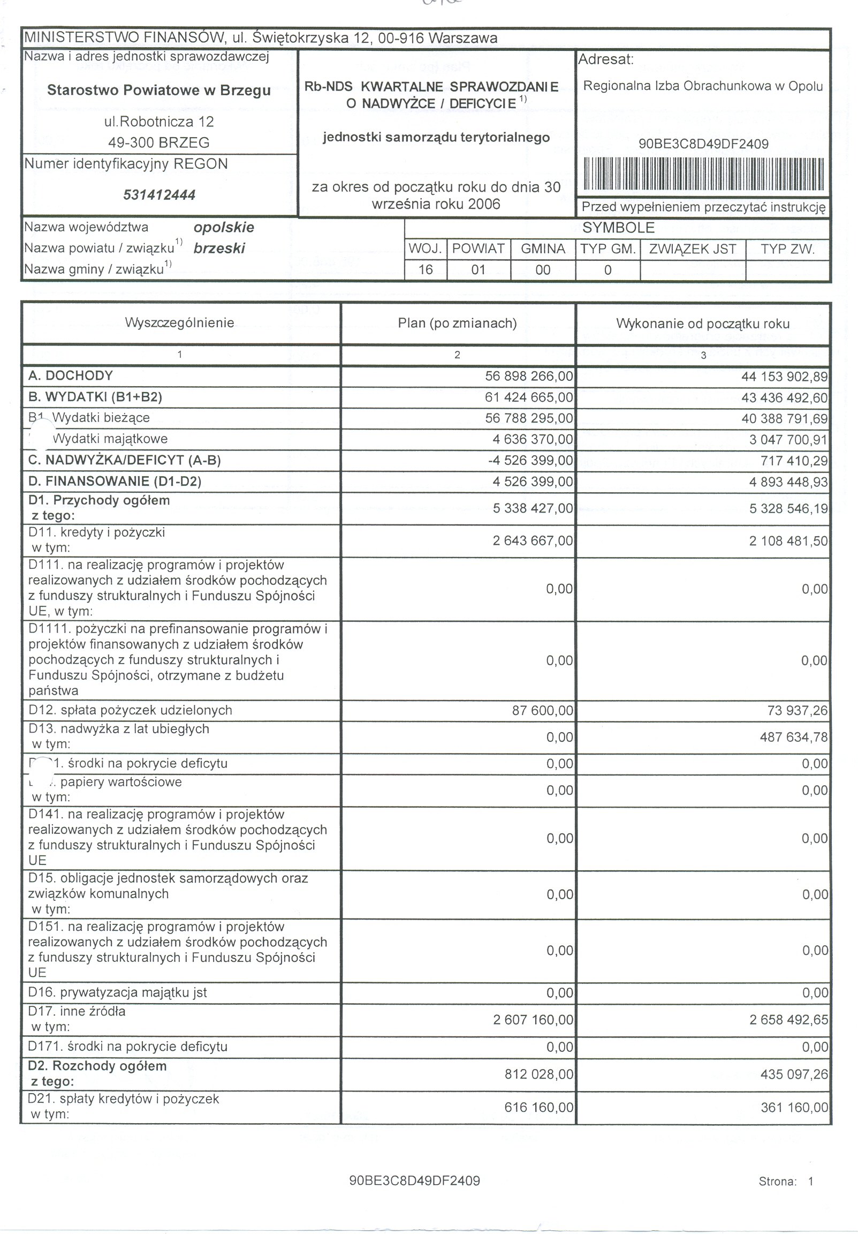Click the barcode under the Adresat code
703,174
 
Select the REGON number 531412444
159,194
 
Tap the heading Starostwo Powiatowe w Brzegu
158,90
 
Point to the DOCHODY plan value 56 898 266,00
529,375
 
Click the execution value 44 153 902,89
784,376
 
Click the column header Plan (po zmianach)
457,323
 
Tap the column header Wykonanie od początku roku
703,323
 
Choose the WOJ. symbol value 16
426,270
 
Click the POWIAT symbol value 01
478,270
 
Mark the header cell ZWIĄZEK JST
693,249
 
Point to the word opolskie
224,227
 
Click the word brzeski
219,249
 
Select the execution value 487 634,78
794,737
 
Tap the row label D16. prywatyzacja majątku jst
118,992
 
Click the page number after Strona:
811,1182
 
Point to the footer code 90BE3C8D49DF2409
414,1180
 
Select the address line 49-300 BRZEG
158,142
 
